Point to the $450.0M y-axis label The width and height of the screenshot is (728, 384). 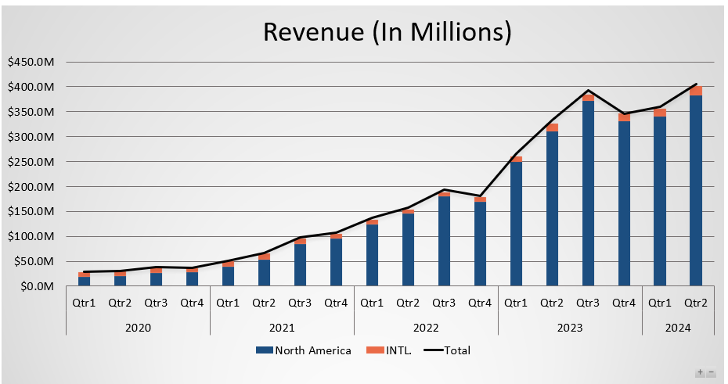coord(31,62)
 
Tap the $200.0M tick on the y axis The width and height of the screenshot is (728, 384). coord(31,187)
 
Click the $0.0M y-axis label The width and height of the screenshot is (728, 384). coord(35,287)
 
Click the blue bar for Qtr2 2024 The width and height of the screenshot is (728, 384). coord(696,191)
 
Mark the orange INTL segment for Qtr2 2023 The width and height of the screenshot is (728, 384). coord(552,127)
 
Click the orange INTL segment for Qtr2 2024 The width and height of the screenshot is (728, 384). coord(696,91)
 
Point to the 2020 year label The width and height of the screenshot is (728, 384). coord(138,327)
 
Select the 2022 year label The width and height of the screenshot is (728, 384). coord(426,327)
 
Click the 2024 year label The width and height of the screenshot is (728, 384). coord(678,327)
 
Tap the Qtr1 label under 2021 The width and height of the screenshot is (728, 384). coord(228,303)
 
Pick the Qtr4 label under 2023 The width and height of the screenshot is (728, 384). coord(624,303)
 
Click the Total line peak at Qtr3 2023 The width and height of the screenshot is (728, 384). coord(588,91)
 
